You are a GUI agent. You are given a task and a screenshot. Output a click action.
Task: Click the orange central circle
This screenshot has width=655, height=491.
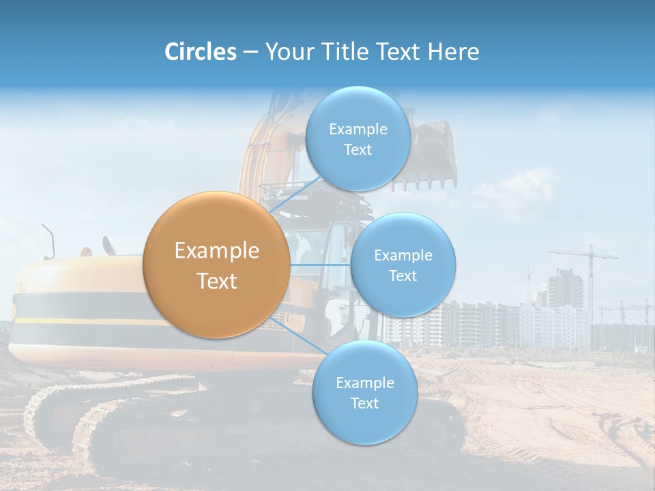(217, 265)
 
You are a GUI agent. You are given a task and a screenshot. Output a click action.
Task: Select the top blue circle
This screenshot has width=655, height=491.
(358, 138)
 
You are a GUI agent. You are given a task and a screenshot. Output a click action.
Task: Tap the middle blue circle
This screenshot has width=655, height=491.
(403, 265)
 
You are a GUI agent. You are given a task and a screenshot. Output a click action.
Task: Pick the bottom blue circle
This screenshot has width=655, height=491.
(364, 393)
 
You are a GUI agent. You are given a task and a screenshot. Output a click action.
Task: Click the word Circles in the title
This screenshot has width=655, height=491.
(201, 52)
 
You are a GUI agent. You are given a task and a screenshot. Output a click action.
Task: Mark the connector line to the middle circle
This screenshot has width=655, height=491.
(320, 265)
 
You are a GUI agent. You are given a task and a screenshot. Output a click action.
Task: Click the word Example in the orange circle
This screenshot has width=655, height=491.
(217, 251)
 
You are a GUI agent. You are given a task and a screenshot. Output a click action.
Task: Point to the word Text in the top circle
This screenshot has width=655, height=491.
(358, 150)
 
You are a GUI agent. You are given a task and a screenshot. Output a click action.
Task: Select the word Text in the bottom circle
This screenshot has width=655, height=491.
(364, 404)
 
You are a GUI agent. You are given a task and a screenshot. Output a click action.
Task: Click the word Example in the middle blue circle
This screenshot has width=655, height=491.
(403, 256)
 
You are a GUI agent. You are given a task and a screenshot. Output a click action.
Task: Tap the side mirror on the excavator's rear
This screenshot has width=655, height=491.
(48, 240)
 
